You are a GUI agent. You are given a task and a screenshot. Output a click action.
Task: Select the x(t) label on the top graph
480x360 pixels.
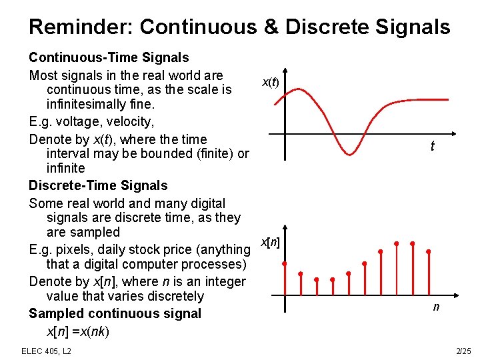(x=270, y=82)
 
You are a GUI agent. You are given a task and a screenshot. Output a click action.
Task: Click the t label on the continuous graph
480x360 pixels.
(x=433, y=146)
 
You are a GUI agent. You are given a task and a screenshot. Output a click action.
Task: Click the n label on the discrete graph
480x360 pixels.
(x=436, y=307)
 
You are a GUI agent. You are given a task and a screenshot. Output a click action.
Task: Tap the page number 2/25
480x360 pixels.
(x=463, y=351)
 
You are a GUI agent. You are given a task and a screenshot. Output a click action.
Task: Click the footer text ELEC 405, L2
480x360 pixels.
(x=47, y=351)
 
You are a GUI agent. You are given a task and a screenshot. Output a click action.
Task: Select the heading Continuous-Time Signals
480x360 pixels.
(x=109, y=58)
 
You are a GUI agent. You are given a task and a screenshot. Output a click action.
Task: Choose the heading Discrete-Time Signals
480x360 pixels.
(x=98, y=185)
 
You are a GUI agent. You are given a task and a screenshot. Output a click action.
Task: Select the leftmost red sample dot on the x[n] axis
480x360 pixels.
(x=285, y=265)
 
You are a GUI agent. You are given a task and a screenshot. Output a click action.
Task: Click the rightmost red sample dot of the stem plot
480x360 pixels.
(x=428, y=251)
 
